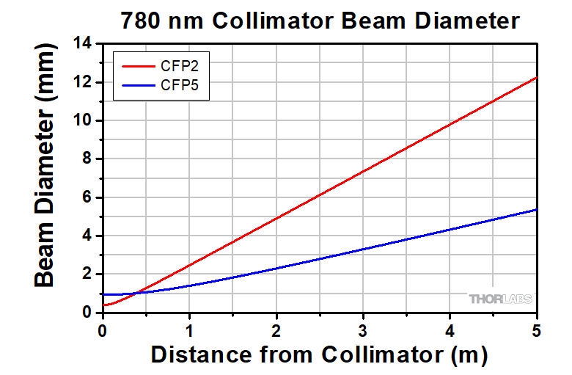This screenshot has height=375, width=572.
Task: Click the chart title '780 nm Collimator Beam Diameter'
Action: (320, 21)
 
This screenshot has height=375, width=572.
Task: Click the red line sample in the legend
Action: (136, 66)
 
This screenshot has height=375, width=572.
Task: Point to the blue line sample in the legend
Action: (136, 85)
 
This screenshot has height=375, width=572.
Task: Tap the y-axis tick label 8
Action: (89, 159)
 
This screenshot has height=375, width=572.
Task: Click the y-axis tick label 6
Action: (89, 197)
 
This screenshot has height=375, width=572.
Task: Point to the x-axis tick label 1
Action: (189, 330)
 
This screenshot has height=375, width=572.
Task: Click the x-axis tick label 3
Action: (363, 330)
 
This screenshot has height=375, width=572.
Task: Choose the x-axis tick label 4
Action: (450, 330)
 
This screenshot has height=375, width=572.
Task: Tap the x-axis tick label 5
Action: (536, 330)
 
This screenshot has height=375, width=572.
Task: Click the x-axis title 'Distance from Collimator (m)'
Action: (319, 355)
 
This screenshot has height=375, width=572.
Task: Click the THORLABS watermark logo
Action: (501, 299)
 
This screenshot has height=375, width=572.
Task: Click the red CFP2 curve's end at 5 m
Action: (537, 77)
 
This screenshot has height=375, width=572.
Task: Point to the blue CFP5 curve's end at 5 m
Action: (537, 209)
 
